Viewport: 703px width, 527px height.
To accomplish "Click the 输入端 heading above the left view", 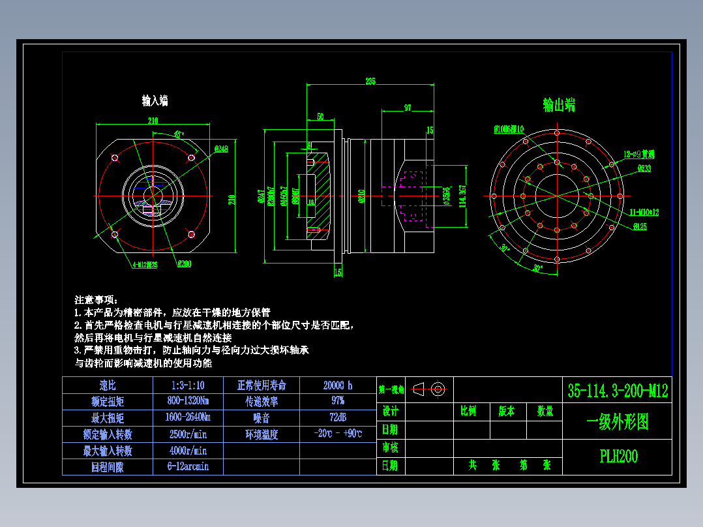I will (x=155, y=100).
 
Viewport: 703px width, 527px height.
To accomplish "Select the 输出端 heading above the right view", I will (x=559, y=105).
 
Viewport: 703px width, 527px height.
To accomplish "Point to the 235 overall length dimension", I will (x=370, y=82).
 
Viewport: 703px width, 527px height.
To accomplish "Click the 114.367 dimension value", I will (x=463, y=196).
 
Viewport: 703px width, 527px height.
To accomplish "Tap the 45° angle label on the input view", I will (x=178, y=134).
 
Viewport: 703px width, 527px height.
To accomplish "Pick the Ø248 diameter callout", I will (x=220, y=149).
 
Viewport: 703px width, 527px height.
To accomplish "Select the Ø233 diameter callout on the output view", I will (x=644, y=168).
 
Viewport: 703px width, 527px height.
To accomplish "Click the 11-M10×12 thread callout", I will (x=645, y=213).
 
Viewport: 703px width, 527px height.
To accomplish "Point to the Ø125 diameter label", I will (x=639, y=226).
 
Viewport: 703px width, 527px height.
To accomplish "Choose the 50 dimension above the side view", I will (x=320, y=117).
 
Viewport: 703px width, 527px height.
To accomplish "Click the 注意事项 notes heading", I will (x=96, y=300).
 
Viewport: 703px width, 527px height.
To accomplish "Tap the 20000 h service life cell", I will (x=337, y=385).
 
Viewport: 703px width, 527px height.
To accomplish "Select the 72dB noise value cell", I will (x=337, y=417).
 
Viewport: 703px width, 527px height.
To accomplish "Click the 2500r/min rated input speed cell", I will (x=188, y=434).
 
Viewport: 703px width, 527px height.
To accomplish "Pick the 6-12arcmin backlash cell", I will (x=188, y=466).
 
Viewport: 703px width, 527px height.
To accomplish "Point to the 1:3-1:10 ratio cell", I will (x=188, y=385).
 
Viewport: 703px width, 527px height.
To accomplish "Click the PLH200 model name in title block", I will (x=618, y=457).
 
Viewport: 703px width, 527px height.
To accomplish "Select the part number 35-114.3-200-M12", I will (x=618, y=391).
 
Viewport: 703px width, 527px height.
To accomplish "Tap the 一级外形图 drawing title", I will (x=618, y=422).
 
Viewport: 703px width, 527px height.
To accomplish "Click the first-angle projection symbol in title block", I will (x=430, y=389).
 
